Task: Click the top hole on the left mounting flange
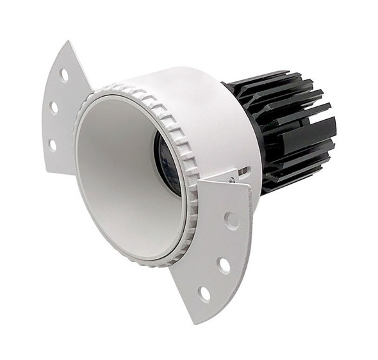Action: click(x=64, y=74)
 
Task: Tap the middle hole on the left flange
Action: click(x=54, y=107)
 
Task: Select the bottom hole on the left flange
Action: click(x=53, y=145)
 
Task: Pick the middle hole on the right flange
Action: click(x=224, y=263)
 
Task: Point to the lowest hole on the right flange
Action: click(x=204, y=293)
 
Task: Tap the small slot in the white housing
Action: click(x=243, y=171)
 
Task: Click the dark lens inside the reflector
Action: click(x=165, y=156)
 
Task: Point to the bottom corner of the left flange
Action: click(x=48, y=171)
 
